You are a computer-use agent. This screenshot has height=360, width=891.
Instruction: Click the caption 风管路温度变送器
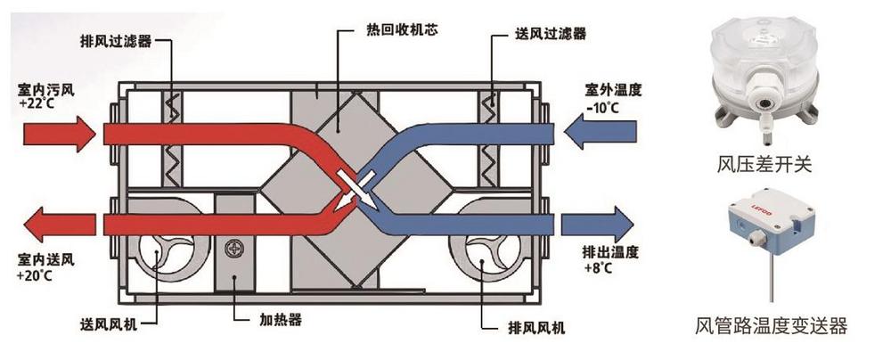click(x=772, y=326)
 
